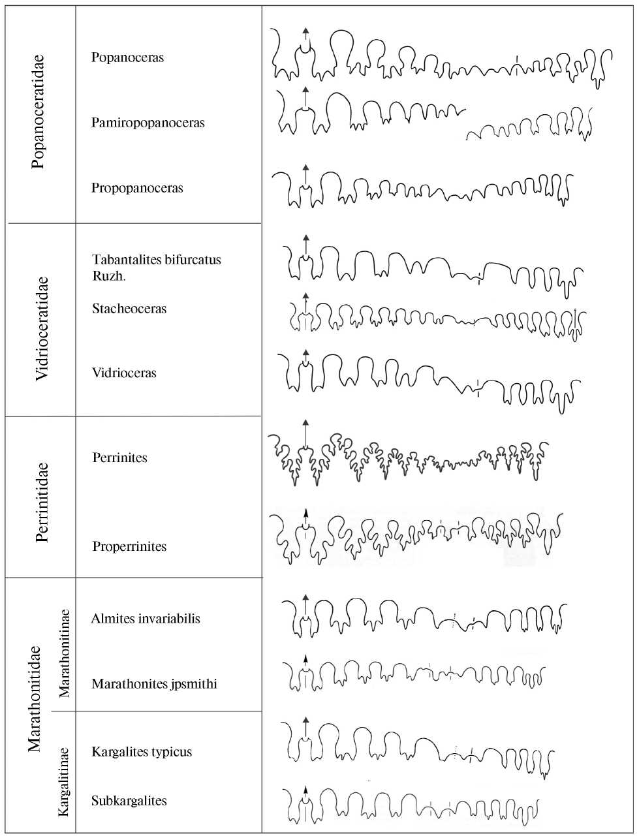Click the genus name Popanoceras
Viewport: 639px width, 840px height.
pyautogui.click(x=127, y=57)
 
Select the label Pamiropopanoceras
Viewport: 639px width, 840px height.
pyautogui.click(x=148, y=123)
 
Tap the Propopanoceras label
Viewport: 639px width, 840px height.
pyautogui.click(x=137, y=188)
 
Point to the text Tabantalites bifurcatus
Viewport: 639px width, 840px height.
pyautogui.click(x=157, y=260)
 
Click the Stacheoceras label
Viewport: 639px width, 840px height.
pyautogui.click(x=129, y=309)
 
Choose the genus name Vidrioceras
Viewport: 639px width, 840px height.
pyautogui.click(x=124, y=373)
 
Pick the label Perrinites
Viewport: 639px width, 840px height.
pyautogui.click(x=119, y=458)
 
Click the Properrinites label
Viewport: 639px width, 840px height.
pyautogui.click(x=129, y=546)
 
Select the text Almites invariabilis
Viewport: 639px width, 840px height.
pyautogui.click(x=146, y=619)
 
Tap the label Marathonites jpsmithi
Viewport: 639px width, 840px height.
pyautogui.click(x=154, y=684)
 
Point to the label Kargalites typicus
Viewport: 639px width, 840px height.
pyautogui.click(x=142, y=751)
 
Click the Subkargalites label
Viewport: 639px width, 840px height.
pyautogui.click(x=129, y=801)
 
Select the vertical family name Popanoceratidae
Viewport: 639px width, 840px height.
pyautogui.click(x=39, y=112)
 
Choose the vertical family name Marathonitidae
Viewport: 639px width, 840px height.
pyautogui.click(x=35, y=698)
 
